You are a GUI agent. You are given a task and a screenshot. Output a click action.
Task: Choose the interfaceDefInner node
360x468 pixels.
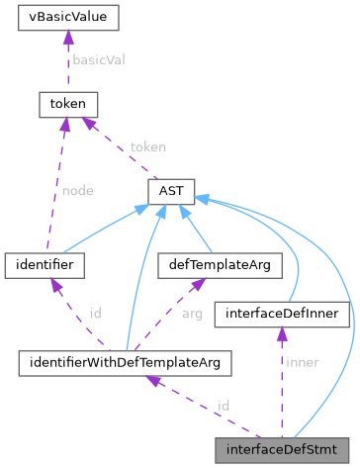(283, 314)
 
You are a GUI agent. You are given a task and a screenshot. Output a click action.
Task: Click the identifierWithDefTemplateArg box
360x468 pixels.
(125, 363)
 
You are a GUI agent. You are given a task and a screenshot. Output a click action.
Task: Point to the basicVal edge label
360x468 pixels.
(96, 59)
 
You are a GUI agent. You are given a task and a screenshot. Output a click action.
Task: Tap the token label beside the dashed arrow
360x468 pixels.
(147, 146)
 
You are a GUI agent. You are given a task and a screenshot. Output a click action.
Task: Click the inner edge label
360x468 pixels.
(301, 362)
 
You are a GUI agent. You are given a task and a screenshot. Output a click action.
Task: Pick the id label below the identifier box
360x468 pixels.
(95, 313)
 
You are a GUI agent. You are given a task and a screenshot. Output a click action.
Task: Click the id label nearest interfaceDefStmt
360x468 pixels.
(224, 406)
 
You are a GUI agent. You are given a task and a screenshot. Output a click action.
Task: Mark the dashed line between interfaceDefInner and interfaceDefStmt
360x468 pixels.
(282, 386)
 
